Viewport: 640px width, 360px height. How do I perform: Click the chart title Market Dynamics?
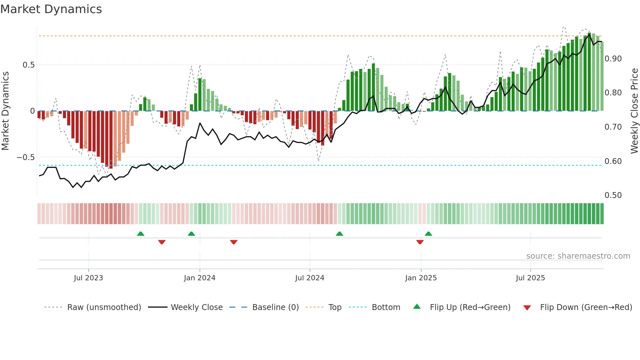(51, 9)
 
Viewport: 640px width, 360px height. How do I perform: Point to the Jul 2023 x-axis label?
(88, 278)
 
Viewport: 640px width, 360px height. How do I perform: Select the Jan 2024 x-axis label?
(200, 278)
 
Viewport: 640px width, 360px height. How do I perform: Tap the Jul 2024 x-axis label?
(310, 278)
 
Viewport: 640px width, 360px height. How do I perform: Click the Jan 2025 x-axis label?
(421, 278)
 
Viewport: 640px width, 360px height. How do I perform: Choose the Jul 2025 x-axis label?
(530, 278)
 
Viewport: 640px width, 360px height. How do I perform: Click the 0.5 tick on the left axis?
(29, 65)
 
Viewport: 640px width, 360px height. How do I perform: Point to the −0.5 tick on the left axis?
(26, 157)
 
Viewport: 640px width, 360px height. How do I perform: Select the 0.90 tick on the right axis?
(613, 59)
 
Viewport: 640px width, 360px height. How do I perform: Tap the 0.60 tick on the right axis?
(613, 161)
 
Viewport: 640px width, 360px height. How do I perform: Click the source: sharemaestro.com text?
(578, 256)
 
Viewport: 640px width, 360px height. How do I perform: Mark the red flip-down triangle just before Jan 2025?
(420, 242)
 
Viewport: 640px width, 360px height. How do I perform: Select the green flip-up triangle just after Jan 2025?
(428, 234)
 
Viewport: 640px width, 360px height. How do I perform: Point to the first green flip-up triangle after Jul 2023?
(140, 234)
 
